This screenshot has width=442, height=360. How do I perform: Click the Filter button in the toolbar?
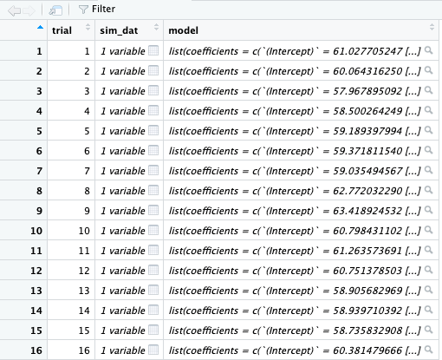pyautogui.click(x=97, y=10)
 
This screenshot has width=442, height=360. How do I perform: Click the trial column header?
pyautogui.click(x=62, y=30)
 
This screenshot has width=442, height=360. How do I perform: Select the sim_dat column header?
pyautogui.click(x=119, y=30)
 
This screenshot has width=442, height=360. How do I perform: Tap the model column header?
pyautogui.click(x=184, y=30)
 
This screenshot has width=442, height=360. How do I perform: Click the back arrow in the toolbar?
pyautogui.click(x=14, y=10)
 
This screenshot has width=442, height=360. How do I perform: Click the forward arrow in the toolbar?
pyautogui.click(x=29, y=10)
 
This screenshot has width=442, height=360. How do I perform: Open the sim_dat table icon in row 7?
pyautogui.click(x=153, y=170)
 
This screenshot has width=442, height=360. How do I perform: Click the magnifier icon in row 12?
pyautogui.click(x=429, y=270)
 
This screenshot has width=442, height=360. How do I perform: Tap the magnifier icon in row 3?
pyautogui.click(x=429, y=90)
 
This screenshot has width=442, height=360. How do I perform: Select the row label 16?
pyautogui.click(x=36, y=350)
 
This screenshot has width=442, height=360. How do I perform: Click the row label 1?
pyautogui.click(x=39, y=51)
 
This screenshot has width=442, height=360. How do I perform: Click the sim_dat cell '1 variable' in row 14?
pyautogui.click(x=123, y=311)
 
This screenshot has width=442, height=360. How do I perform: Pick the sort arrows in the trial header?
pyautogui.click(x=88, y=27)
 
